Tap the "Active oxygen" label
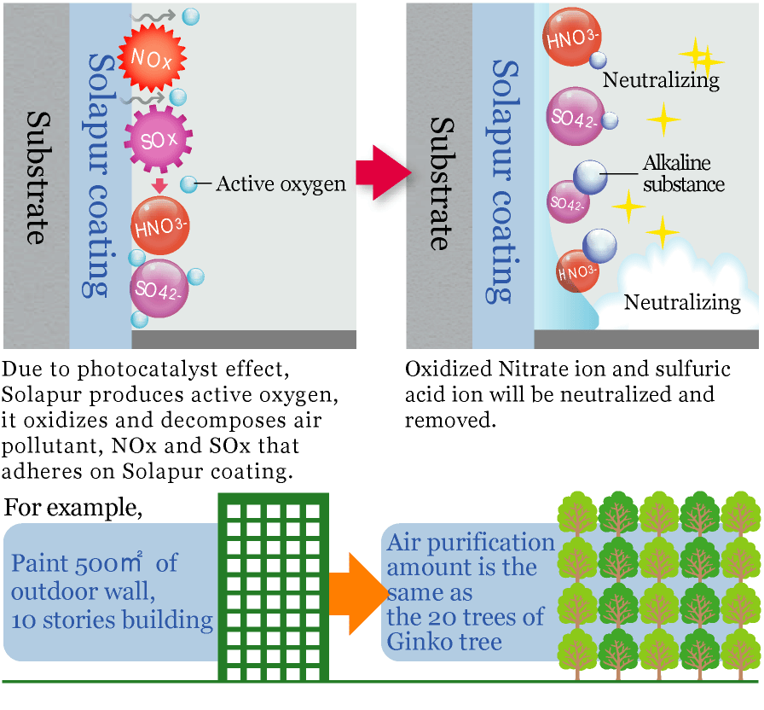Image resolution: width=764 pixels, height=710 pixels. tap(281, 183)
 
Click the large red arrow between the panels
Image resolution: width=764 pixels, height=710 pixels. tap(382, 172)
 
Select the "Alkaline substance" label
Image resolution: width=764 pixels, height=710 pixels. tap(683, 173)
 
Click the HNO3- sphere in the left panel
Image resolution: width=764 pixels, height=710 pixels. tap(160, 224)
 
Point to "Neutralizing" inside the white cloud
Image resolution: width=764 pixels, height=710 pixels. tap(682, 302)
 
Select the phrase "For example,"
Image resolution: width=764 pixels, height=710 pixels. tap(72, 509)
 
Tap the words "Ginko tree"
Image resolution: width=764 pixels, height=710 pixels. tap(444, 641)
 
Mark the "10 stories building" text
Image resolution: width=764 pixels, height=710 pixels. tap(113, 619)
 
